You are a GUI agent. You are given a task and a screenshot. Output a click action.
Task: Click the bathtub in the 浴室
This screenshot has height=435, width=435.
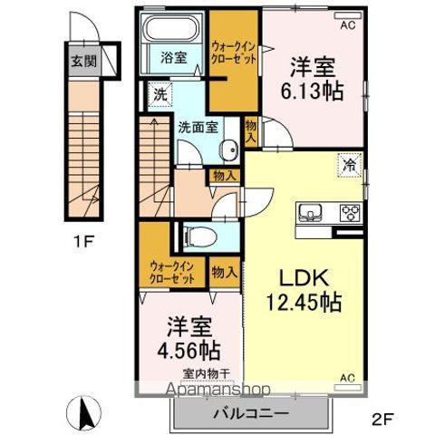171,27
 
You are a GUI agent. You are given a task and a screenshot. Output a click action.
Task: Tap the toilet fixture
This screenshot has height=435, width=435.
200,237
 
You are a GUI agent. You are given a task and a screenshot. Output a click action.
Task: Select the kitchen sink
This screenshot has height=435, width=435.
310,211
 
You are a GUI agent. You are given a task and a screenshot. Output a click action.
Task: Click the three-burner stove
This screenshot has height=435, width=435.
351,212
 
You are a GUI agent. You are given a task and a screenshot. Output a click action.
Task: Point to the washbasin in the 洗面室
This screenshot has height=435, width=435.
229,150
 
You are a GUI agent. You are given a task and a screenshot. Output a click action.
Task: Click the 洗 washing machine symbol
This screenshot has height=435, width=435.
160,94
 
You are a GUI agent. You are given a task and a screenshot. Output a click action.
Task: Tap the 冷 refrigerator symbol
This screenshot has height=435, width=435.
350,165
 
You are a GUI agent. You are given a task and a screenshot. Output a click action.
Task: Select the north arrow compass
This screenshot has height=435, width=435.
83,412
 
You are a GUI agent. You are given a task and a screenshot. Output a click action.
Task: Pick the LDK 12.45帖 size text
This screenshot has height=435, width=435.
304,290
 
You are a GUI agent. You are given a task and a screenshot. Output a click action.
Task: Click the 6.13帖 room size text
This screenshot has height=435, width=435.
313,91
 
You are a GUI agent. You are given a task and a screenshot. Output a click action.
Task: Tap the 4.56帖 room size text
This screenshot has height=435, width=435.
188,350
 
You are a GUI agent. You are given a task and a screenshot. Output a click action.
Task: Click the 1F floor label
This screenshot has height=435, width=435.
83,241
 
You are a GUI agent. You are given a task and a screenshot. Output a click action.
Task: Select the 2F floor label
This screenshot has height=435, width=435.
382,420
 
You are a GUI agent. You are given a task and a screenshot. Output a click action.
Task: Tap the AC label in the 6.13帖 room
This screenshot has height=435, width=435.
348,25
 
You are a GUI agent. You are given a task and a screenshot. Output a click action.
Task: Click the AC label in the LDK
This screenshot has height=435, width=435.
348,378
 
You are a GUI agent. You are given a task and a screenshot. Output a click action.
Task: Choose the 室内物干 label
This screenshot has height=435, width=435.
207,374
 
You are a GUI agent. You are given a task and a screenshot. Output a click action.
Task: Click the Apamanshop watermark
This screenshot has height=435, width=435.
218,389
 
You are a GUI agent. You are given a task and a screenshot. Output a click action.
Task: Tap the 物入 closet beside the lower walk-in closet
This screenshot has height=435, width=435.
224,273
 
